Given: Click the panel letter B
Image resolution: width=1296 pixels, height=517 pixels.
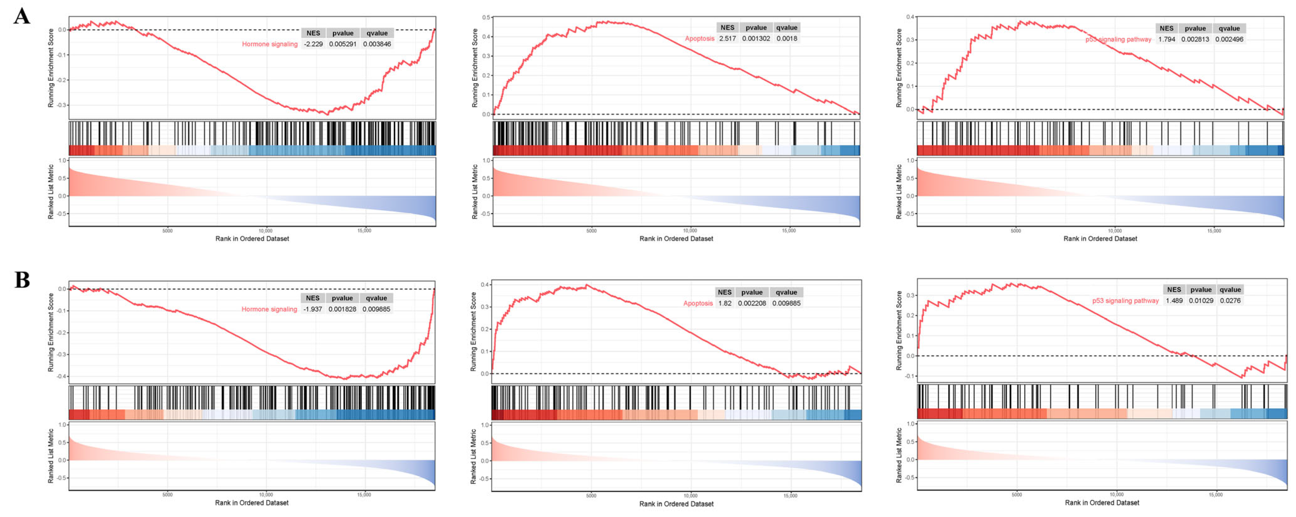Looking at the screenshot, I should (x=22, y=280).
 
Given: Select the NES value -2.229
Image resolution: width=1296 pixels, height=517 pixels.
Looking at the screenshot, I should (x=313, y=44).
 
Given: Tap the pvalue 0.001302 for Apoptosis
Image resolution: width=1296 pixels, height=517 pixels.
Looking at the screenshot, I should (x=756, y=39).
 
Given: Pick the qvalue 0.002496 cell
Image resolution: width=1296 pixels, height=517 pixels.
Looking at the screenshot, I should (x=1229, y=39).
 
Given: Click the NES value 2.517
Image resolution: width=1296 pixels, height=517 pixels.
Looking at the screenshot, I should (x=727, y=39).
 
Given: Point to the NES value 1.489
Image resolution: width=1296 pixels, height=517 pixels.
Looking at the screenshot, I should (x=1174, y=301).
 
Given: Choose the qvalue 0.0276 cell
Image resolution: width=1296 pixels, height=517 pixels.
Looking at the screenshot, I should (x=1230, y=301).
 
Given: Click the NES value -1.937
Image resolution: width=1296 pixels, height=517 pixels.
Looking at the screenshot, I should (x=313, y=309).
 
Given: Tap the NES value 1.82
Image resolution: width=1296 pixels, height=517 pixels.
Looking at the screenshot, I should (x=724, y=303).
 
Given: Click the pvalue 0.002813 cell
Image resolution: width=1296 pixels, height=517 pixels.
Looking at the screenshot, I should (x=1195, y=39).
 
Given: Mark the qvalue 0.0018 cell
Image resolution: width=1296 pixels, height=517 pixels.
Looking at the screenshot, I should (x=787, y=39).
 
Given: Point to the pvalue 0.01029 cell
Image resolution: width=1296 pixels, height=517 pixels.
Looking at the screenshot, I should (x=1201, y=301).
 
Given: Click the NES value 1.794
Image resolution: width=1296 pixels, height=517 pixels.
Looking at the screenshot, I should (x=1167, y=39).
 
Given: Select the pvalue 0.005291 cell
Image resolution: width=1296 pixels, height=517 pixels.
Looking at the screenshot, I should (x=343, y=44).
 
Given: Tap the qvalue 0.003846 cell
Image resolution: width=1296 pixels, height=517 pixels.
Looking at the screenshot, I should (x=377, y=44).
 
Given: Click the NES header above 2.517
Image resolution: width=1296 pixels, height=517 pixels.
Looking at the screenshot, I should (x=727, y=28).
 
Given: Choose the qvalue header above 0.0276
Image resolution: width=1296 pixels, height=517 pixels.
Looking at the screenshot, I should (x=1230, y=290).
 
